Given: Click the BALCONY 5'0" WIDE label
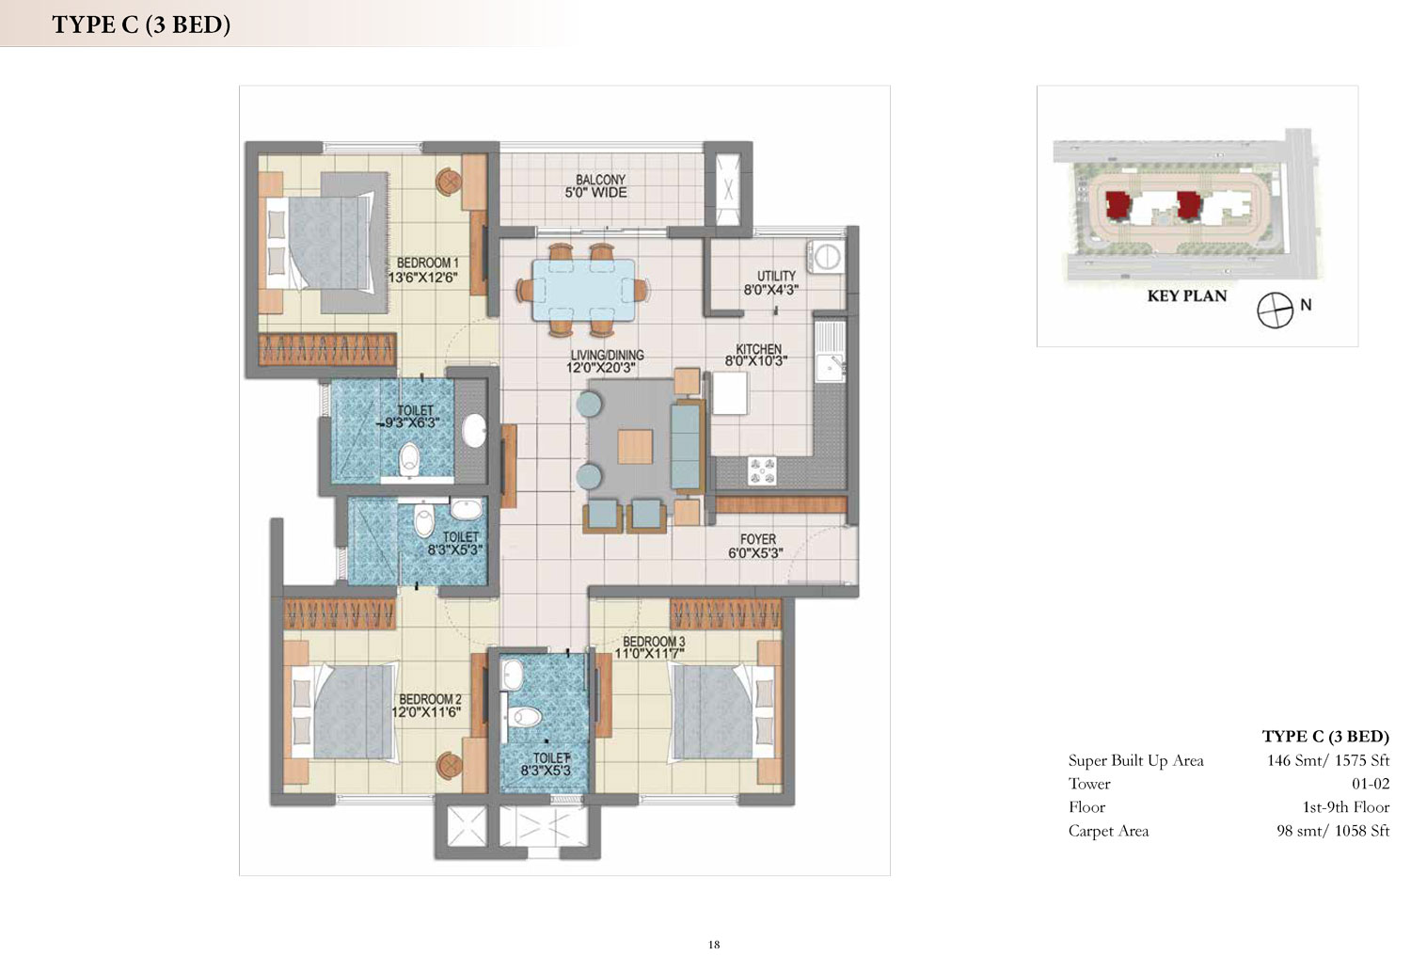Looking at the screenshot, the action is pyautogui.click(x=595, y=186).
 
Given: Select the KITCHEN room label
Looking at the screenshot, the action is pyautogui.click(x=758, y=349).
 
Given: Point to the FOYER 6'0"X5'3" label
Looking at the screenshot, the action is pyautogui.click(x=756, y=546).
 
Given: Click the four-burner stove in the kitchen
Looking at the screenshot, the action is pyautogui.click(x=762, y=471).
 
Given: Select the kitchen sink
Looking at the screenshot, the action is pyautogui.click(x=830, y=351).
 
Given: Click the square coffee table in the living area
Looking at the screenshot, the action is pyautogui.click(x=635, y=446).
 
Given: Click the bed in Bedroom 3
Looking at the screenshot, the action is pyautogui.click(x=724, y=712).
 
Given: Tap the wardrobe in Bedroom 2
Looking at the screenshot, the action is pyautogui.click(x=340, y=613).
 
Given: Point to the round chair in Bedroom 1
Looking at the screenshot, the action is pyautogui.click(x=449, y=182).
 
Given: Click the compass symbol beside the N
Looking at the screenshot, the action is pyautogui.click(x=1275, y=310).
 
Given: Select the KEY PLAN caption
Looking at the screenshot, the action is pyautogui.click(x=1187, y=296).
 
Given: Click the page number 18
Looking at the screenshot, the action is pyautogui.click(x=714, y=945).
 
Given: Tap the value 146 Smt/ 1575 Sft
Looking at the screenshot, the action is pyautogui.click(x=1328, y=760).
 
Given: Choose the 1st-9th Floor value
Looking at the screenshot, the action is pyautogui.click(x=1345, y=807).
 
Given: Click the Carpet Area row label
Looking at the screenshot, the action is pyautogui.click(x=1108, y=832).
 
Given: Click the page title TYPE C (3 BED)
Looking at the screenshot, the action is pyautogui.click(x=141, y=24).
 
